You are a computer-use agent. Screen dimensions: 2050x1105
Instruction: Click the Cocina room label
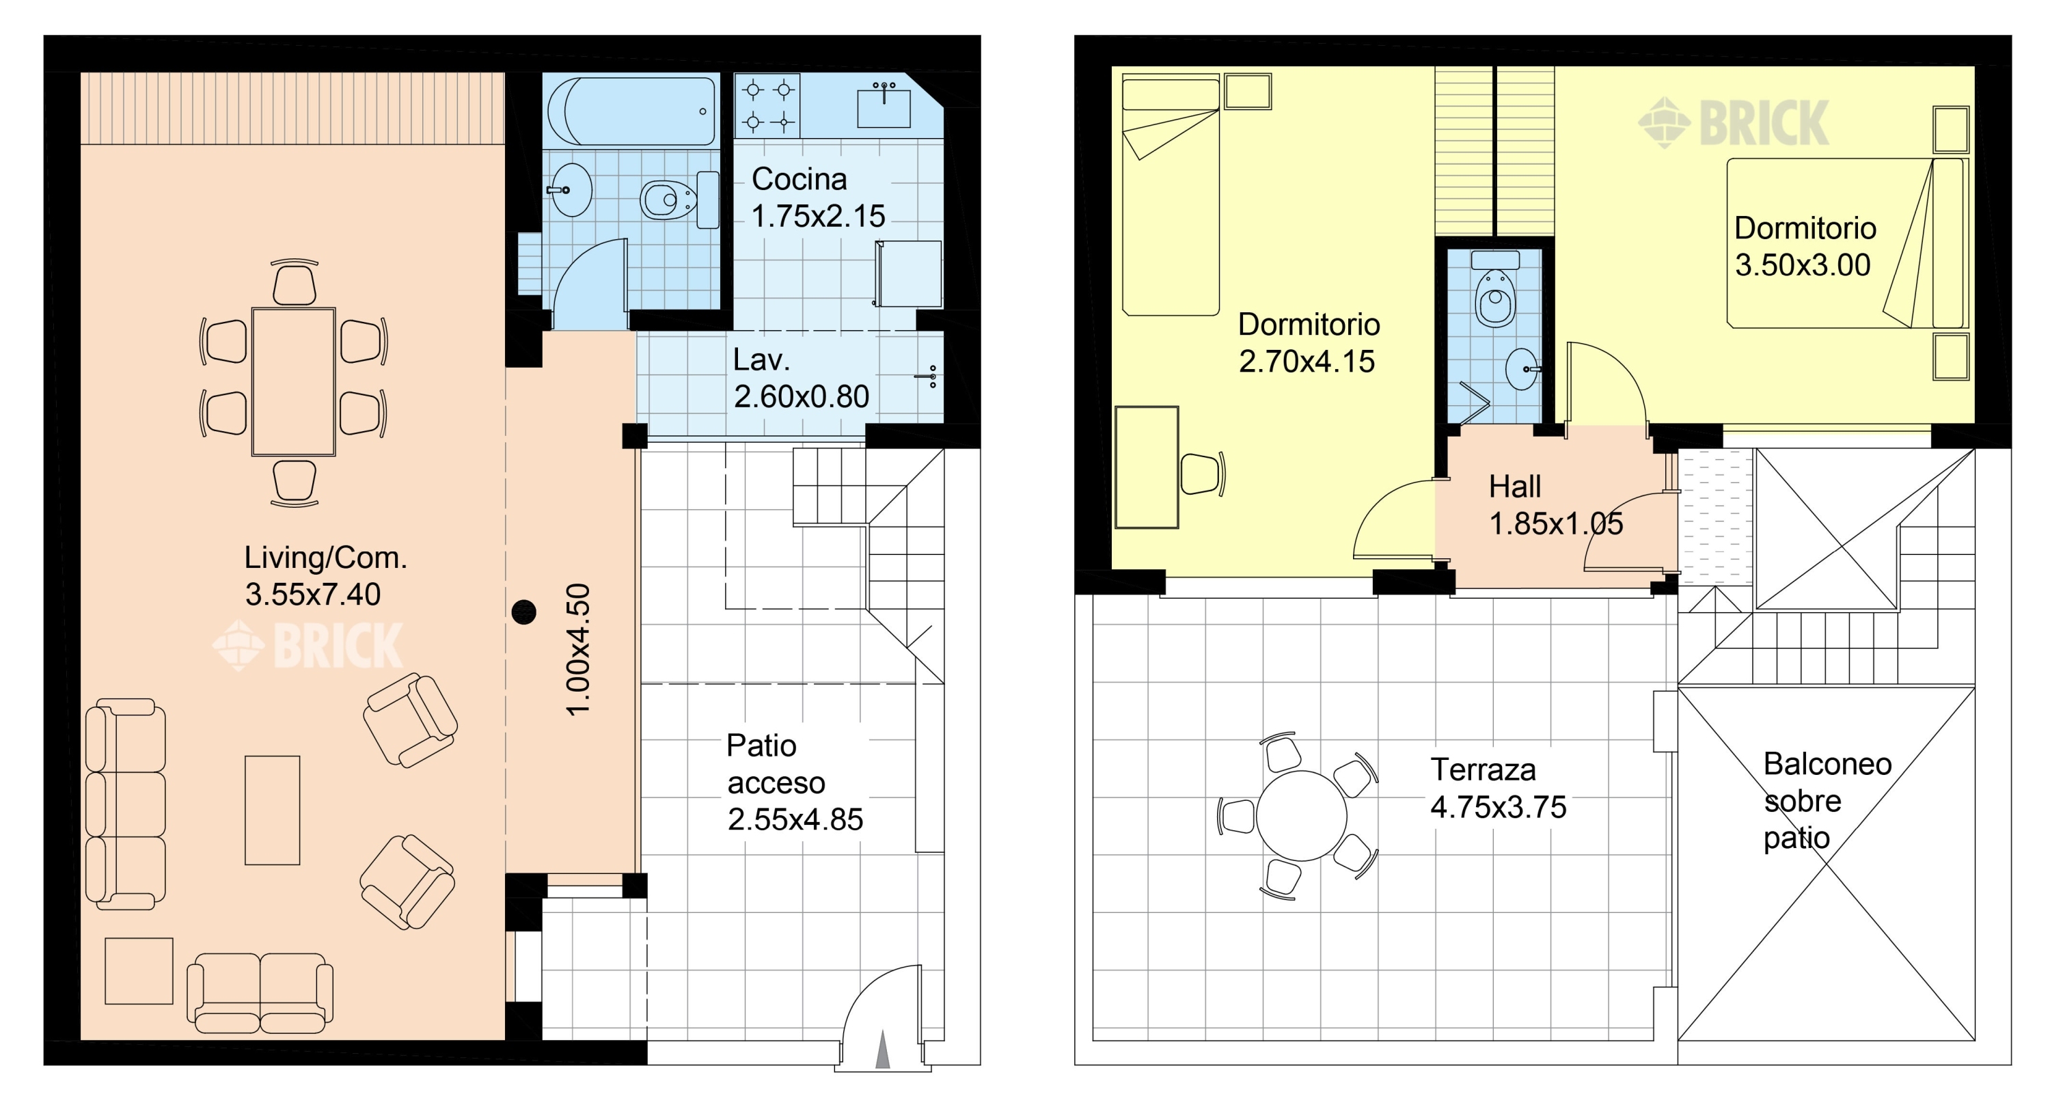click(799, 179)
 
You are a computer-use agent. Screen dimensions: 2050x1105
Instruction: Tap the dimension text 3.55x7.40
click(313, 595)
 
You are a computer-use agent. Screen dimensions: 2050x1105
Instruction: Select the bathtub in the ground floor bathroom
click(629, 111)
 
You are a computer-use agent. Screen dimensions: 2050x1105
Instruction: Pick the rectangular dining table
click(294, 381)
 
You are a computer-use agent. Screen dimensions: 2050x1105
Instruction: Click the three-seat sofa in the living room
click(125, 804)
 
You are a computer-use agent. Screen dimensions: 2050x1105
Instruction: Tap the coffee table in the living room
click(272, 810)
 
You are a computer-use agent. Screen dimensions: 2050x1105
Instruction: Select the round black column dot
click(523, 612)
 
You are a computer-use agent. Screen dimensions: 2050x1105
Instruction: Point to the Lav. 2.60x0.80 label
click(801, 378)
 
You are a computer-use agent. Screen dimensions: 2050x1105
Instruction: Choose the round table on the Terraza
click(1301, 816)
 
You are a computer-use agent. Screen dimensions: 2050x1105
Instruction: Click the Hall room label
click(1514, 487)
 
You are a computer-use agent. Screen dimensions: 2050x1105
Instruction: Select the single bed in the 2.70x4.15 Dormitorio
click(1171, 195)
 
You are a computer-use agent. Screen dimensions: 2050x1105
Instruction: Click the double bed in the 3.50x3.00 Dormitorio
click(1846, 243)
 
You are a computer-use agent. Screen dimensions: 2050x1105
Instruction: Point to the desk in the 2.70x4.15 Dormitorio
click(1147, 467)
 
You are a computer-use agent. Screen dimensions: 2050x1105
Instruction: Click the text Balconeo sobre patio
click(1827, 800)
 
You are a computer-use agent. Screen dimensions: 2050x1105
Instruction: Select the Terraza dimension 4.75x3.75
click(1499, 807)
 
